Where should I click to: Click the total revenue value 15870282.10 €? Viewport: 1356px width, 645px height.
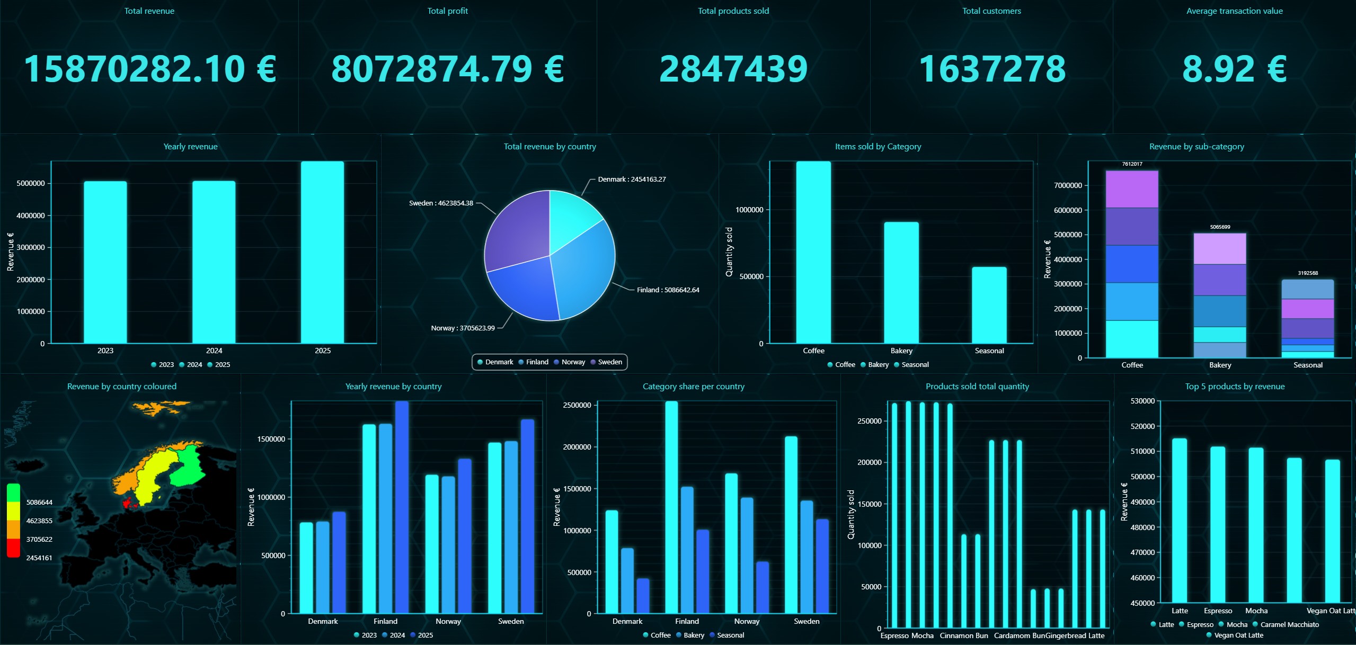point(150,69)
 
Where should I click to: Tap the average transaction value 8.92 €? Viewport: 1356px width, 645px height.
point(1234,69)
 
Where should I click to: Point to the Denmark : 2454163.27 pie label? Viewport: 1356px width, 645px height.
point(632,180)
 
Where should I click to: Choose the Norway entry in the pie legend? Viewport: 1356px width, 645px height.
point(573,362)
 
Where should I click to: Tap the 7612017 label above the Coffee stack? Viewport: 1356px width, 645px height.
point(1132,164)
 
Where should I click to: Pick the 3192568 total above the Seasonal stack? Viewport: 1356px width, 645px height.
point(1308,273)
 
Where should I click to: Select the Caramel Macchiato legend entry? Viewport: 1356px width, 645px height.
point(1289,625)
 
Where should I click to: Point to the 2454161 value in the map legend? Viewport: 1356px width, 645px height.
point(39,558)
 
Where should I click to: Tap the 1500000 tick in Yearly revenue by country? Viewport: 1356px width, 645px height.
point(271,440)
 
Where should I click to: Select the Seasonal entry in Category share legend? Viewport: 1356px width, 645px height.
point(730,635)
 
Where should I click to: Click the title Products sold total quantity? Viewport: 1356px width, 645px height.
point(977,387)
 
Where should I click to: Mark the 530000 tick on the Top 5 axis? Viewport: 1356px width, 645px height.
point(1142,401)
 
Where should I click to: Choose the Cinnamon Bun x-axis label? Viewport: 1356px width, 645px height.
point(964,636)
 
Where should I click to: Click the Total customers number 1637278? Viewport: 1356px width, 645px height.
point(992,69)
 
